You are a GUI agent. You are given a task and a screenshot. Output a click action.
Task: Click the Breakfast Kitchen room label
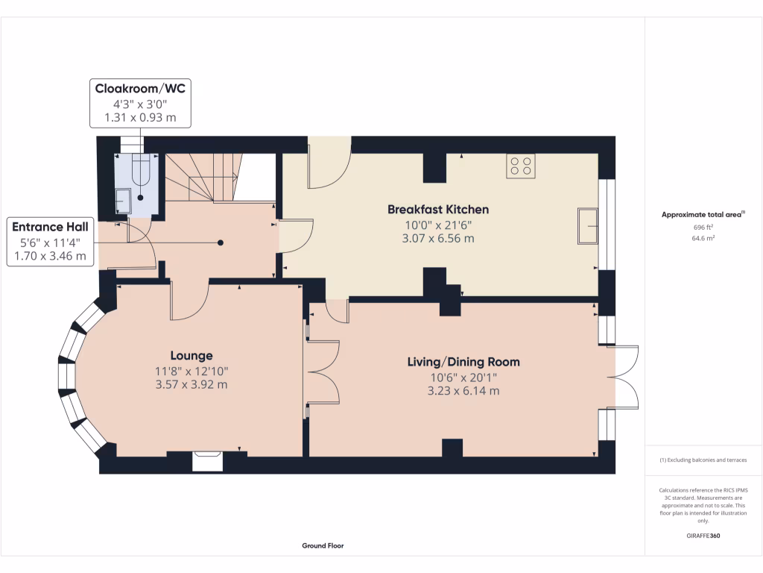pos(437,209)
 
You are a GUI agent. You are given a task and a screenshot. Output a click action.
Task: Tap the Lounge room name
pos(191,356)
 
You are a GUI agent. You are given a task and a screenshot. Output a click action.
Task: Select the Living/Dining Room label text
pos(463,362)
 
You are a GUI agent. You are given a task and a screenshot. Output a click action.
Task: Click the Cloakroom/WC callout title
pos(140,89)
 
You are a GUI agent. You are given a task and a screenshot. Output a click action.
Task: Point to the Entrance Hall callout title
pos(50,227)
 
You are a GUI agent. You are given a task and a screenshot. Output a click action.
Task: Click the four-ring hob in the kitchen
pos(520,166)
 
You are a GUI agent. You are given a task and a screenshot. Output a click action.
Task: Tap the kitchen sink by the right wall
pos(587,226)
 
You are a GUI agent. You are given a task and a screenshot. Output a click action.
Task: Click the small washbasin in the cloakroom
pos(123,201)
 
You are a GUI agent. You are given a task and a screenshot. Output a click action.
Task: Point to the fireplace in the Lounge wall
pos(207,460)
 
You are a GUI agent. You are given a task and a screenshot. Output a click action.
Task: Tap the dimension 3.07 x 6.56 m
pos(438,239)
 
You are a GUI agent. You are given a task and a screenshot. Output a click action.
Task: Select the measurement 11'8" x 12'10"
pos(191,371)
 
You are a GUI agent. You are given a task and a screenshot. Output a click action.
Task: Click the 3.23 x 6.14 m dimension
pos(463,390)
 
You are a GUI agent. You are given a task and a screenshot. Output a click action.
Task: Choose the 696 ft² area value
pos(703,227)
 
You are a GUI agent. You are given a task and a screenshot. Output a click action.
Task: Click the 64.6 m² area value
pos(703,239)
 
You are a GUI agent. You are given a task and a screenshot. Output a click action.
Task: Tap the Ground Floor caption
pos(323,545)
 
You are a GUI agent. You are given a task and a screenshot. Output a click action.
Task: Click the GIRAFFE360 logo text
pos(703,536)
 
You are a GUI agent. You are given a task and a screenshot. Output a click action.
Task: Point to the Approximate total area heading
pos(703,215)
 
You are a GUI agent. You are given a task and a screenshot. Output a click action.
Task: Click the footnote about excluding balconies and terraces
pos(703,460)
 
